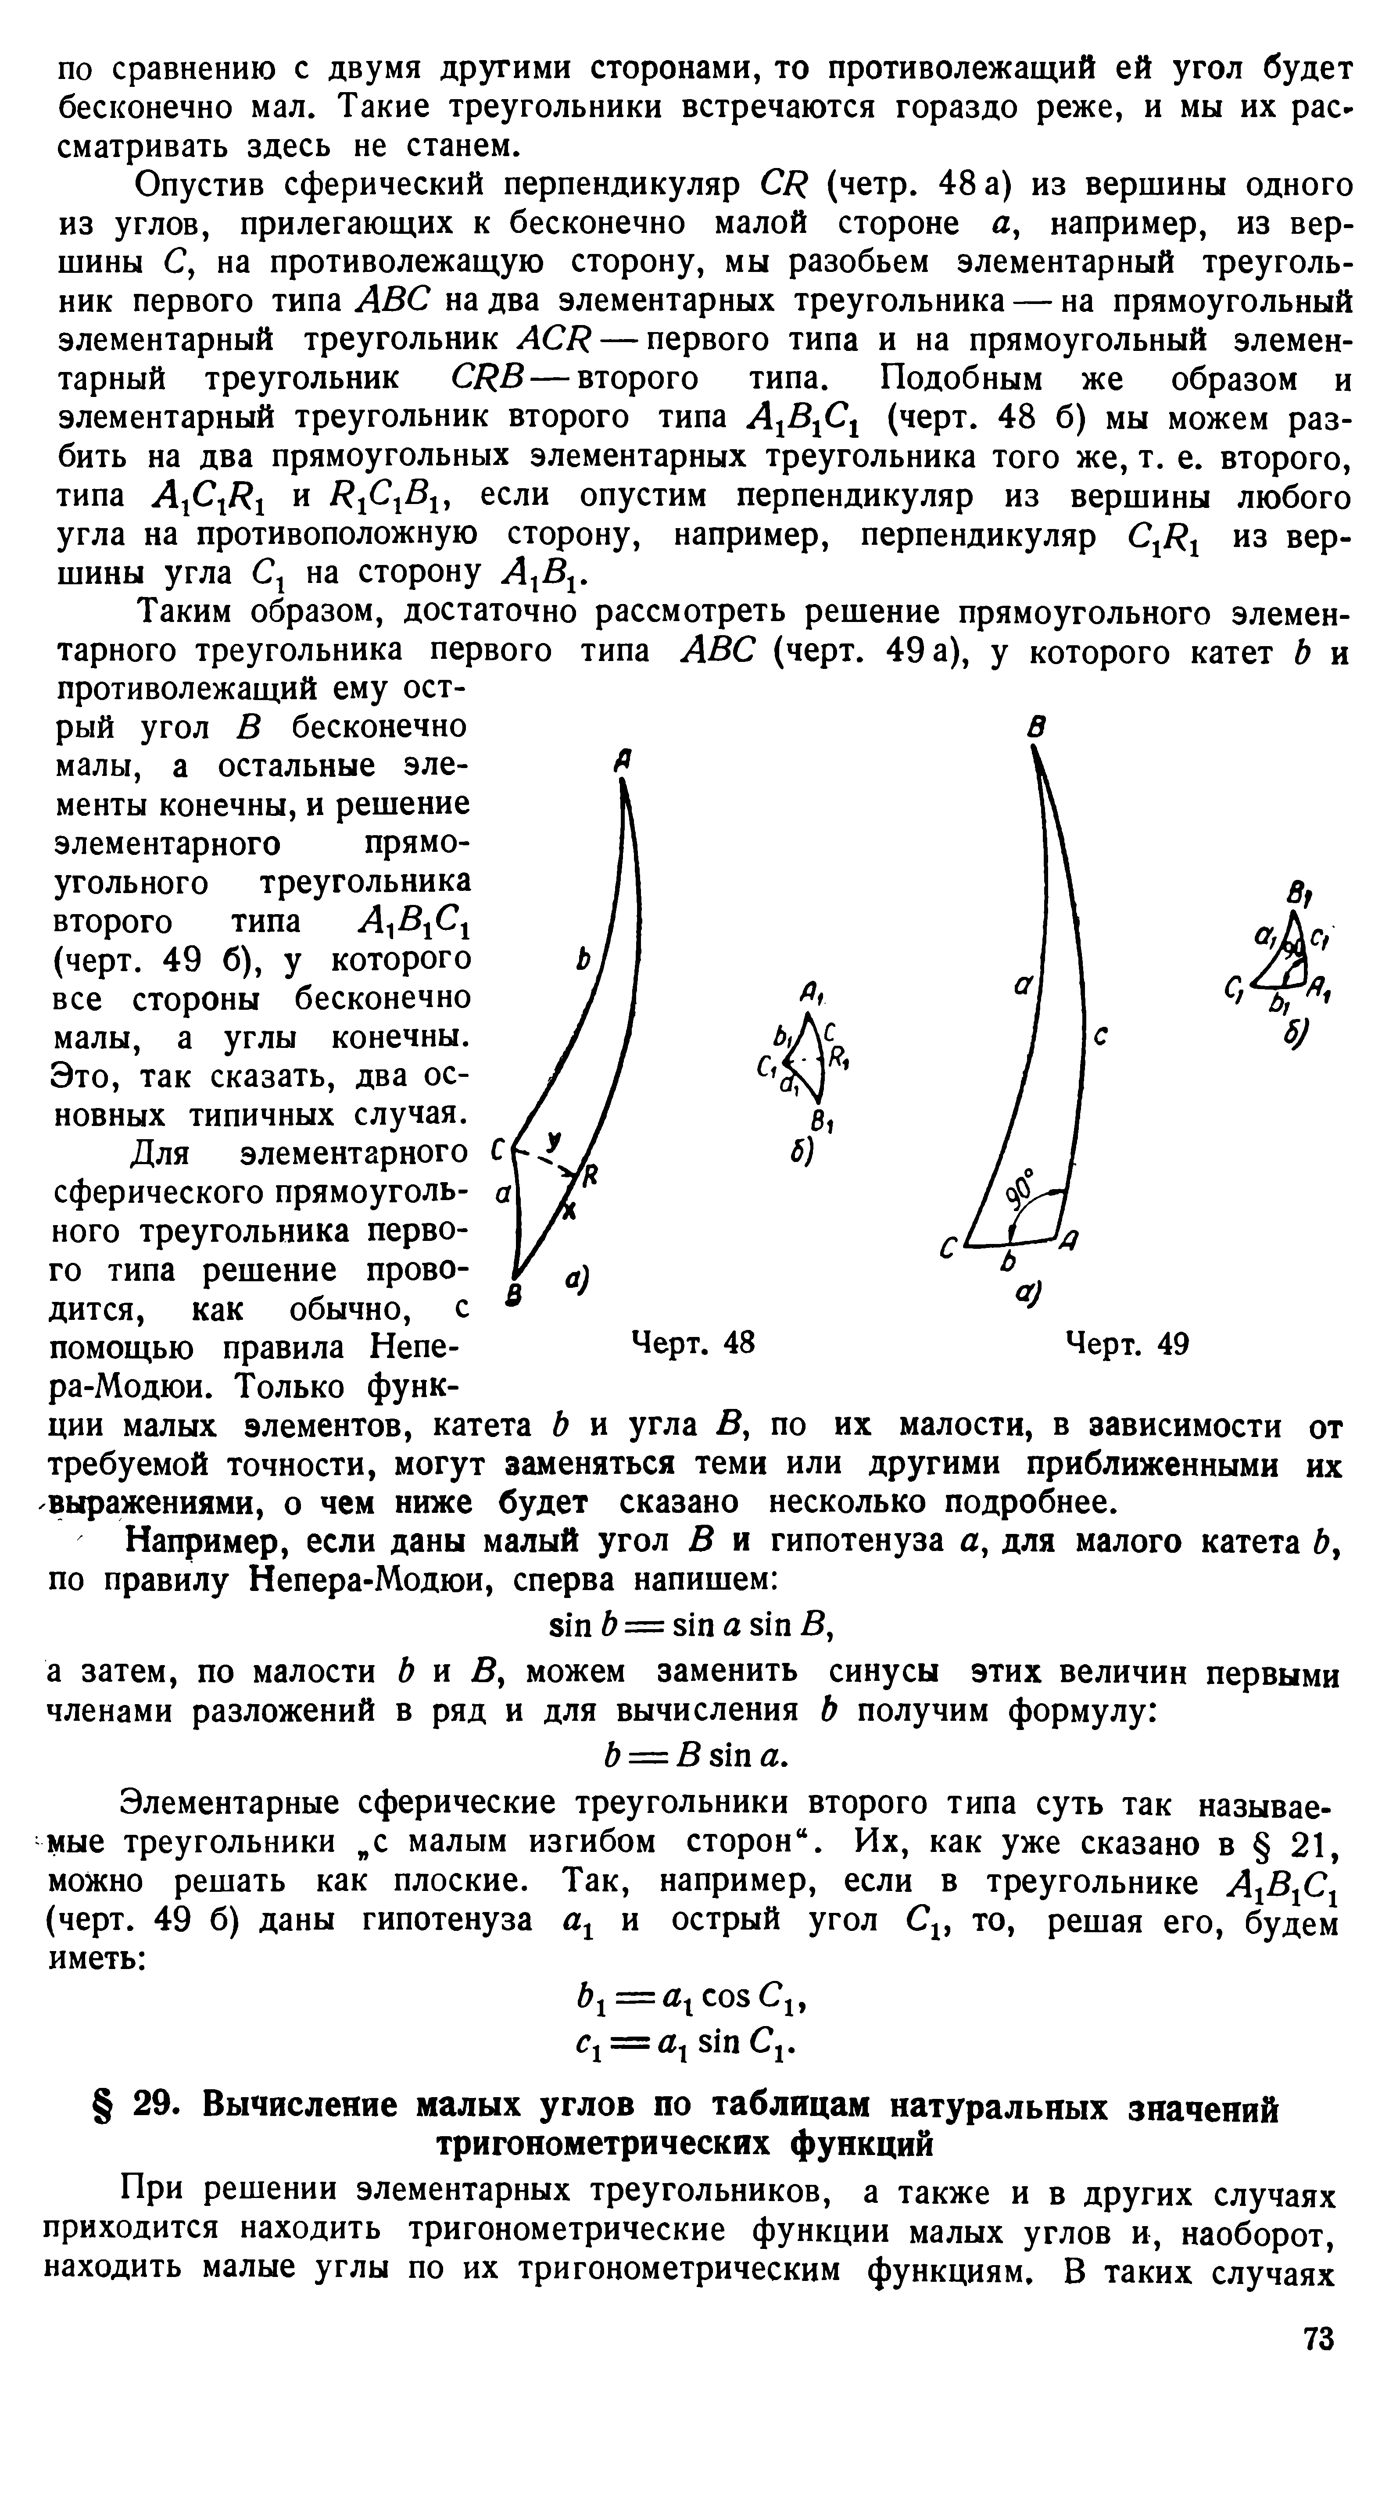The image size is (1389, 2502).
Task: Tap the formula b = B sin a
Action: coord(694,1754)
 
